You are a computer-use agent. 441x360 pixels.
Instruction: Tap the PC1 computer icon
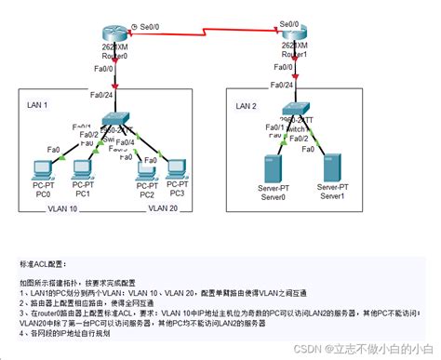[83, 168]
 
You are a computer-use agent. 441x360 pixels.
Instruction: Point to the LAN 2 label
[247, 106]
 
